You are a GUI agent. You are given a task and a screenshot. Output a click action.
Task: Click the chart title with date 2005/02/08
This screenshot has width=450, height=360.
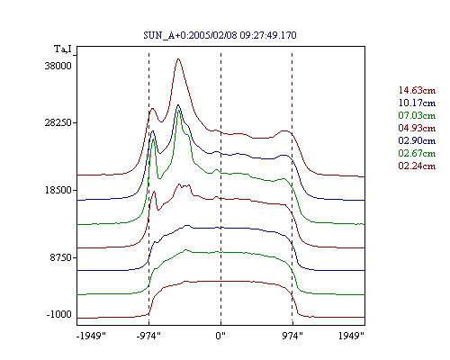[220, 35]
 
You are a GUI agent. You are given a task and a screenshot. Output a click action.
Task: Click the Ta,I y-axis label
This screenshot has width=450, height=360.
[63, 49]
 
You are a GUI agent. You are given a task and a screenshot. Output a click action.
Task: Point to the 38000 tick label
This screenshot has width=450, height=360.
[58, 66]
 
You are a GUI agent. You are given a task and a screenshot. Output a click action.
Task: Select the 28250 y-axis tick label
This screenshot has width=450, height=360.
[58, 122]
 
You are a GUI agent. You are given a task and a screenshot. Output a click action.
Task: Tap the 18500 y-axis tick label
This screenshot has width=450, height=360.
[58, 190]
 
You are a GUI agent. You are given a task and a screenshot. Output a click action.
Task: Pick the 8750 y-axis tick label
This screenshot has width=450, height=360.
[61, 257]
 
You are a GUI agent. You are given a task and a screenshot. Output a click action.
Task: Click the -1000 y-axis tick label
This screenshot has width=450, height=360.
[59, 314]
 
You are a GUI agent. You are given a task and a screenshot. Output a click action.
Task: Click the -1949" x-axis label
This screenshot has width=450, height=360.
[91, 336]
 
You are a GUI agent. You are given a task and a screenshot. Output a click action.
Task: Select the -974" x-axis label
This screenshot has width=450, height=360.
[148, 336]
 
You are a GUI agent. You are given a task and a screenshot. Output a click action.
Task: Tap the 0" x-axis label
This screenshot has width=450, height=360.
[220, 336]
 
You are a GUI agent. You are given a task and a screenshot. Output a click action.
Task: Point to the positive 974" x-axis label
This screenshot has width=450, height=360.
[292, 336]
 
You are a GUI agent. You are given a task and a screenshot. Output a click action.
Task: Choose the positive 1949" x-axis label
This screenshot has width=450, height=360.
[351, 336]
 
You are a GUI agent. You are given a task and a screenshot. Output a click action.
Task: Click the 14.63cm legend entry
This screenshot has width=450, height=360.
[417, 90]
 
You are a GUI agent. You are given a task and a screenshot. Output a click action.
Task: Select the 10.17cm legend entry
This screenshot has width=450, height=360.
[417, 103]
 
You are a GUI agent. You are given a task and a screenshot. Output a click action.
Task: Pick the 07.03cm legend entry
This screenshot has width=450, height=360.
[417, 115]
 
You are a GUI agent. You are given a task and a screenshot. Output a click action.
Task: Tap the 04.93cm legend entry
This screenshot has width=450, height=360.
[417, 128]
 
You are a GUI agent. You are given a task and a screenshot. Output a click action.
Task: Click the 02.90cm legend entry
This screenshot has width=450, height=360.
[417, 140]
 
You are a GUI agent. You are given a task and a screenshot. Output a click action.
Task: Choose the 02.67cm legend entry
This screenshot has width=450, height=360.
[417, 153]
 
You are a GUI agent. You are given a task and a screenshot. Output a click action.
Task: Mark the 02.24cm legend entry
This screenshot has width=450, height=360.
[417, 166]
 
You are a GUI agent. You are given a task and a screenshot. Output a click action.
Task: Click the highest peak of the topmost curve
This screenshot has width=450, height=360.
[178, 58]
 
